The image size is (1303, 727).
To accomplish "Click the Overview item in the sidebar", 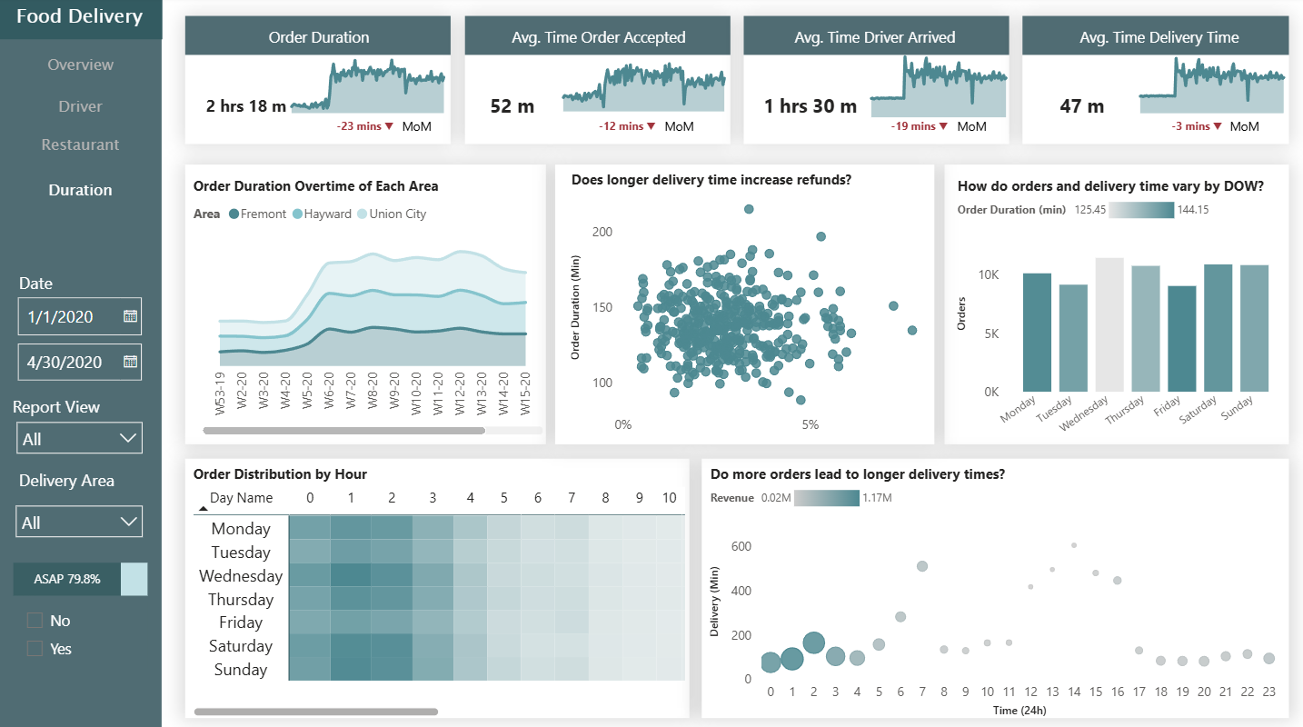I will [81, 65].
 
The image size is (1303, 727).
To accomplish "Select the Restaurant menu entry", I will [80, 144].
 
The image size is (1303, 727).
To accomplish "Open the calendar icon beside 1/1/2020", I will [130, 316].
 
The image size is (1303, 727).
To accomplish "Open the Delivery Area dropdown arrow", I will [128, 523].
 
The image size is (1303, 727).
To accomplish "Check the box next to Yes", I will [35, 649].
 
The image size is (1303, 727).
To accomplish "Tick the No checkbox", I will [35, 621].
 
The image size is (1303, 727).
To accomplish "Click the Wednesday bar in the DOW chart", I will [1109, 324].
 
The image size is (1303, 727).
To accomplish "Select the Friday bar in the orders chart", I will [1181, 338].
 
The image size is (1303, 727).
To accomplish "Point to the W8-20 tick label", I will [373, 393].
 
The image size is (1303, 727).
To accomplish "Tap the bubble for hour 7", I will [922, 566].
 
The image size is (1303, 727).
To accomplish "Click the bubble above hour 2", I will [814, 643].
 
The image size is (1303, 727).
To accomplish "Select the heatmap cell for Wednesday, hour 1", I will [350, 575].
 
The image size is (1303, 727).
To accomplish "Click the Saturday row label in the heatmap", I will [240, 646].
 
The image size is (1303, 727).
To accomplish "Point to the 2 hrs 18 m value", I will [246, 106].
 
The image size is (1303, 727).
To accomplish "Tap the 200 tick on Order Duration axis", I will [602, 232].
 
